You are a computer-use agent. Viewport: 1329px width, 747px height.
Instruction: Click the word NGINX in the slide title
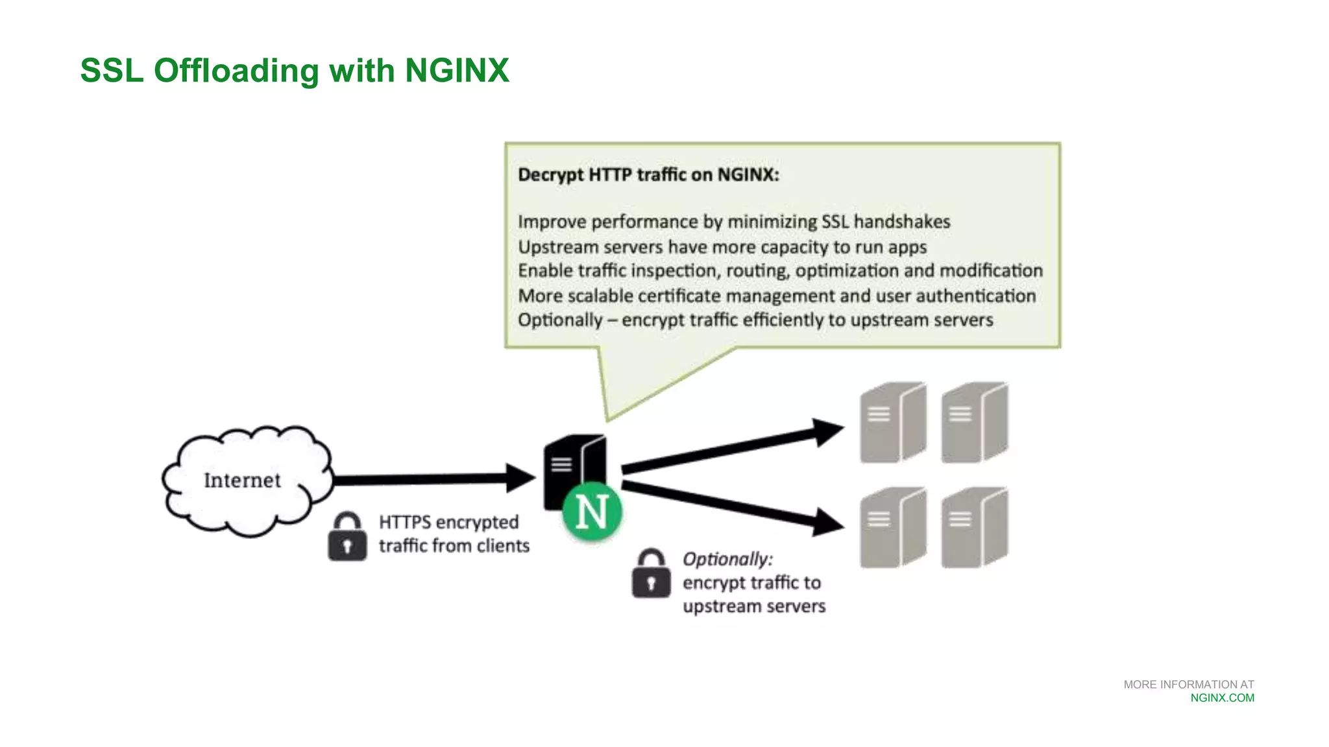tap(457, 71)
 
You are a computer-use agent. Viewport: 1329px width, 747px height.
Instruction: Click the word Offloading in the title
tap(236, 71)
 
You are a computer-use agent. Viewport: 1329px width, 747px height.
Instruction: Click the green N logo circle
tap(592, 512)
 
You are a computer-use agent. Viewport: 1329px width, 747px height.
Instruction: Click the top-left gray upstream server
tap(892, 423)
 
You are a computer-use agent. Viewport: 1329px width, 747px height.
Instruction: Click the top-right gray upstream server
tap(974, 423)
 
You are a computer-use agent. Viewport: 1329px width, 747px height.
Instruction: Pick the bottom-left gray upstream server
tap(892, 528)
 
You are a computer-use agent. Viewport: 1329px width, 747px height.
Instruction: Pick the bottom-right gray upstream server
tap(974, 528)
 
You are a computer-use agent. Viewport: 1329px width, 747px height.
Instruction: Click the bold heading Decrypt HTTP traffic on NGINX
tap(648, 175)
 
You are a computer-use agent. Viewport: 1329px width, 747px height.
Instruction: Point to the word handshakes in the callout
tap(901, 222)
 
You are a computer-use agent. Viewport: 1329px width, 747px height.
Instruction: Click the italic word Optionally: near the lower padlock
tap(727, 559)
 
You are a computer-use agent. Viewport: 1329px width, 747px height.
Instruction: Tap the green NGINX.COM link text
tap(1222, 698)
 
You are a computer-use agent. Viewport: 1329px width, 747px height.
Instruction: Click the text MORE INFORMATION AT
tap(1188, 685)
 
